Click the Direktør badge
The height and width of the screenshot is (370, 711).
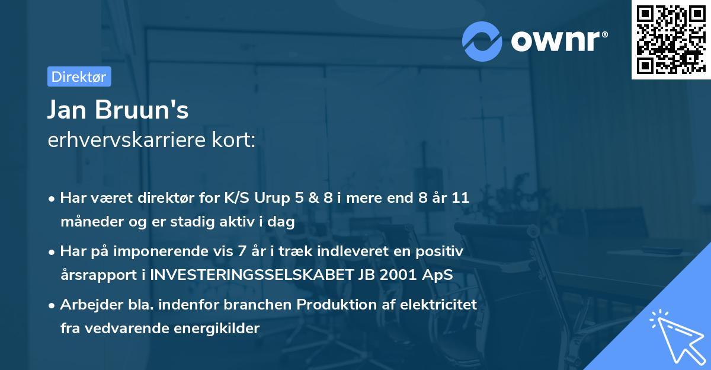(x=79, y=76)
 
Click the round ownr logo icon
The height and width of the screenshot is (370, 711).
(x=482, y=41)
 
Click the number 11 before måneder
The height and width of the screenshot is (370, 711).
(x=461, y=198)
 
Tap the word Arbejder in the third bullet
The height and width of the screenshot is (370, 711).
(x=87, y=304)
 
